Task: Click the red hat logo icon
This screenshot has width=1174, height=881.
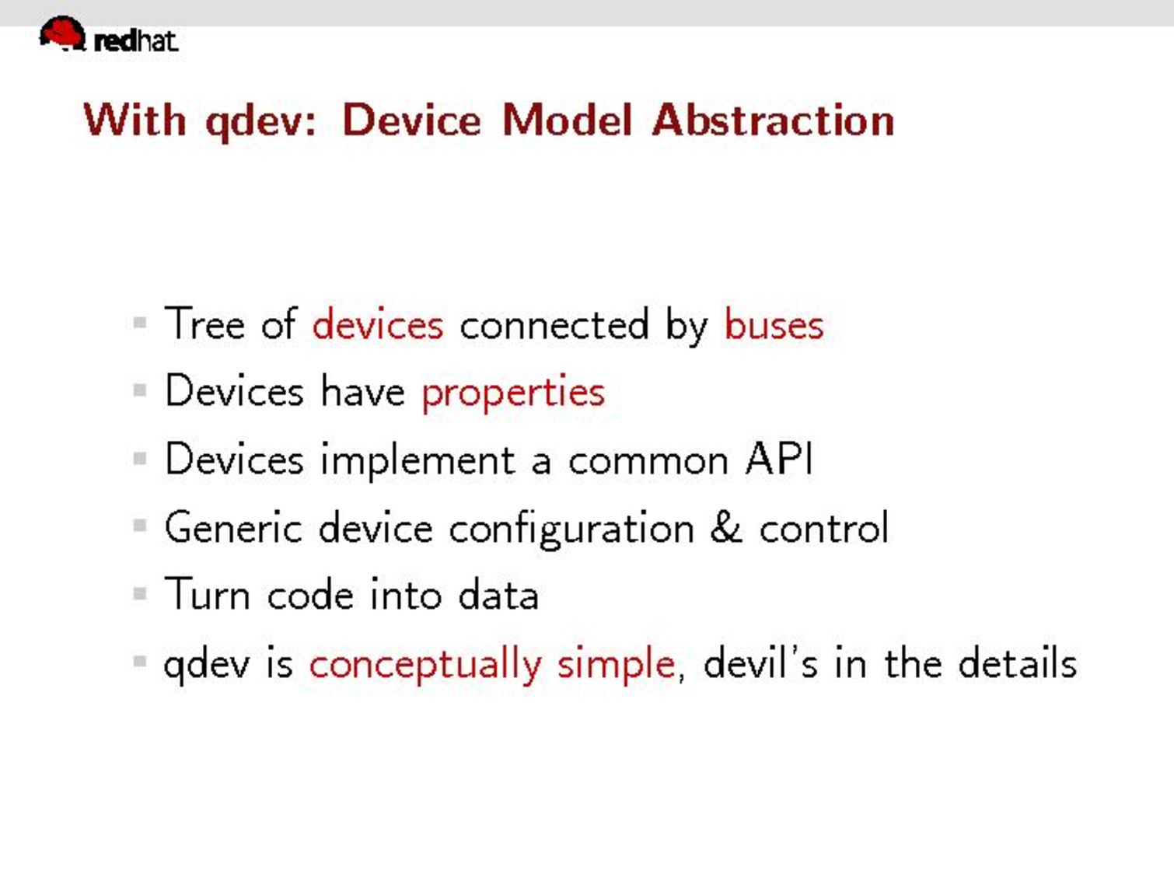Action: coord(62,33)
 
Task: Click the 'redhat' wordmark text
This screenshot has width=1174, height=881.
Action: coord(136,42)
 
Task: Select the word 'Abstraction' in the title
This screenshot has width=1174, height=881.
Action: coord(773,121)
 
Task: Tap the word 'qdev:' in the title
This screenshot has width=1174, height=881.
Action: coord(261,123)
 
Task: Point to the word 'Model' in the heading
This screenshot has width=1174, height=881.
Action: coord(568,121)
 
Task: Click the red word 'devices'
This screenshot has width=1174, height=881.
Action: coord(378,324)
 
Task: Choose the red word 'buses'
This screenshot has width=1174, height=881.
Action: coord(774,324)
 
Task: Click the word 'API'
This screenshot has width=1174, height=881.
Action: coord(779,459)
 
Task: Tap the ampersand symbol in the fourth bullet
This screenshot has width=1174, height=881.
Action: coord(726,527)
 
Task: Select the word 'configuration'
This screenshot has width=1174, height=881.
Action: coord(571,530)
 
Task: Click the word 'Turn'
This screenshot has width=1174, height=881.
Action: coord(207,594)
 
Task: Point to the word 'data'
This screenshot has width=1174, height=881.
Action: coord(498,594)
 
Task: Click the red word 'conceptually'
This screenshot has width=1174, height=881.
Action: coord(425,666)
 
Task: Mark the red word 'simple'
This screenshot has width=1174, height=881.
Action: coord(616,666)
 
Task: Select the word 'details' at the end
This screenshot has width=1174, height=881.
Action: coord(1017,662)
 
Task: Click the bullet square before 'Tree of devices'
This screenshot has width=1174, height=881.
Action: coord(140,323)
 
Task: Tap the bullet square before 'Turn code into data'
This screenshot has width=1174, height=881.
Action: coord(140,593)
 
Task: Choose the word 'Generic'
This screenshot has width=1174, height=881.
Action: coord(233,527)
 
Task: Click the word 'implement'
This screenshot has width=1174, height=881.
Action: coord(418,461)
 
